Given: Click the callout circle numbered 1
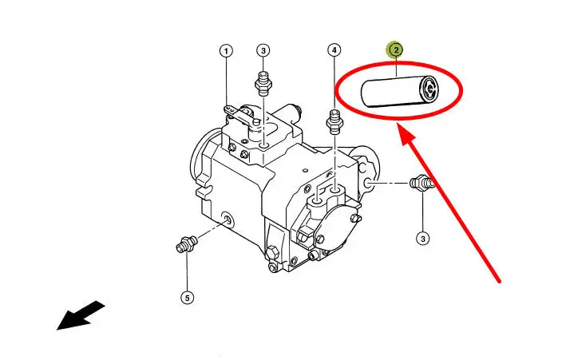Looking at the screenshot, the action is coord(226,51).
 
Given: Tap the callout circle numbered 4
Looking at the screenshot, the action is coord(334,50).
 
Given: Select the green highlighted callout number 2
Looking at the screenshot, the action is coord(396,50).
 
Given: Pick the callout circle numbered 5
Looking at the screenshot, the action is coord(187,298).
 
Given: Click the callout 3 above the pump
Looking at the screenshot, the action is coord(263,51).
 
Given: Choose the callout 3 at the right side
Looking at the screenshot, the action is coord(423,239).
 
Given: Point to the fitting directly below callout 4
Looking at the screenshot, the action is coord(334,122).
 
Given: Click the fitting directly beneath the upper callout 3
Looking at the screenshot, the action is coord(263,84).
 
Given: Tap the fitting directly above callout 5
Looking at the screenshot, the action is coord(186,244).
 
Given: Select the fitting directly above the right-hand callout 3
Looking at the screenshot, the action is coord(422,183).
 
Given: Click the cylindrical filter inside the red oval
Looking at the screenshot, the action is coord(399,92).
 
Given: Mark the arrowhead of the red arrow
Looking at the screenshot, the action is coord(406,134).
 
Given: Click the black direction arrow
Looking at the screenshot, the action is coord(81,316).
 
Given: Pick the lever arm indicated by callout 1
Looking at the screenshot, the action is coord(241,117).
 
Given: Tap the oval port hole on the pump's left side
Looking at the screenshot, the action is coord(227,218).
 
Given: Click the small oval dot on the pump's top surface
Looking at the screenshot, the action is coord(306,170).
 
